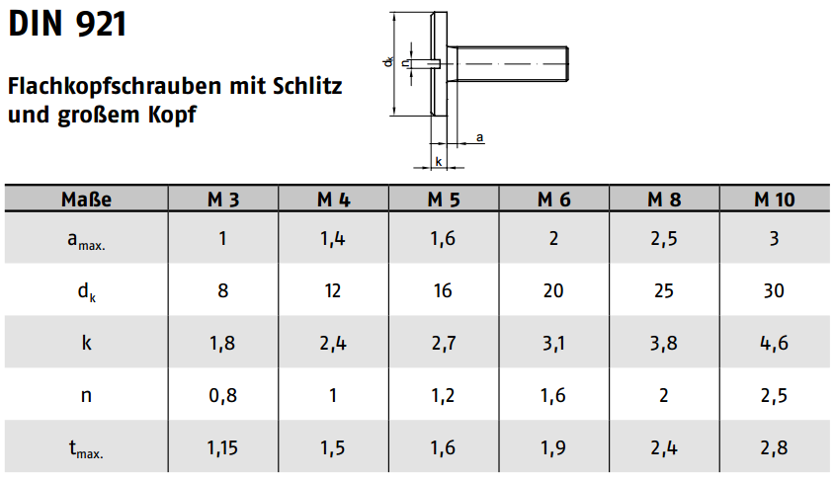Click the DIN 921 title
(67, 24)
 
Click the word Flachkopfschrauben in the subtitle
(115, 86)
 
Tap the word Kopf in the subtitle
(172, 115)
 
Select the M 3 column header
(223, 200)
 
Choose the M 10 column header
(775, 200)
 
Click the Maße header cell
(86, 200)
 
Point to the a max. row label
(86, 240)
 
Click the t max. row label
(86, 449)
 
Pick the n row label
(86, 396)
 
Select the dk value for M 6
(553, 290)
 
